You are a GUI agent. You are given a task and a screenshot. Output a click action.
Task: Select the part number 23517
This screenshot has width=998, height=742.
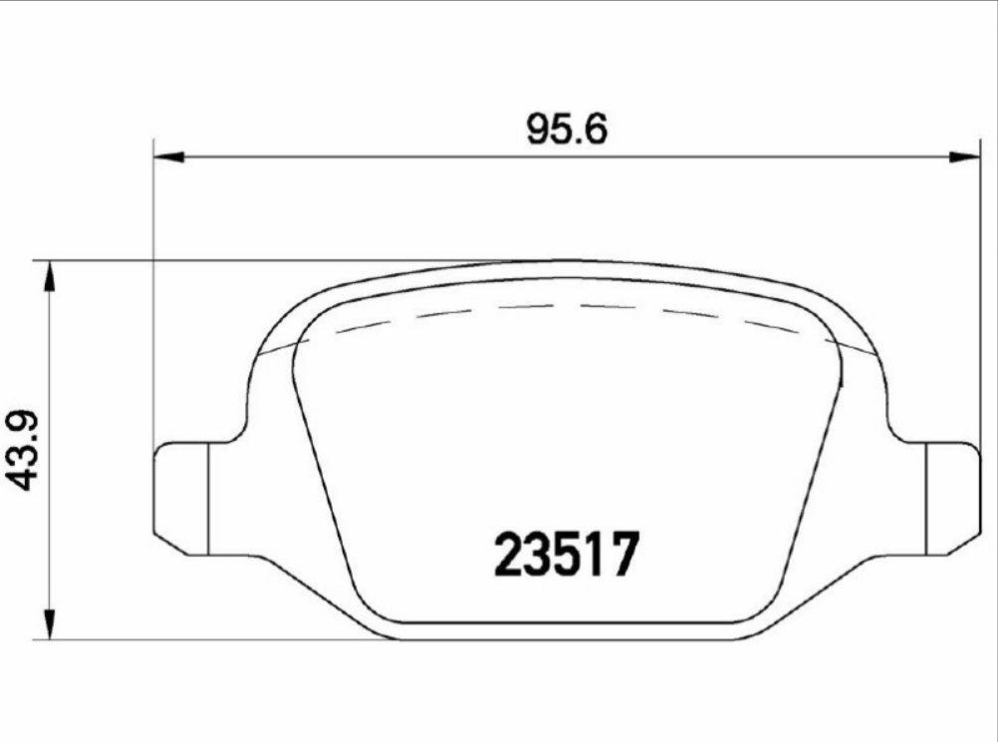[x=564, y=556]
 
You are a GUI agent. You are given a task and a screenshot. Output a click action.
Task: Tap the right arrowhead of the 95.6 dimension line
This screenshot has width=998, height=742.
[x=964, y=156]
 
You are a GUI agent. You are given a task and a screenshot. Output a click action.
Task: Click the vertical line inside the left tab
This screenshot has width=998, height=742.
[x=206, y=497]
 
